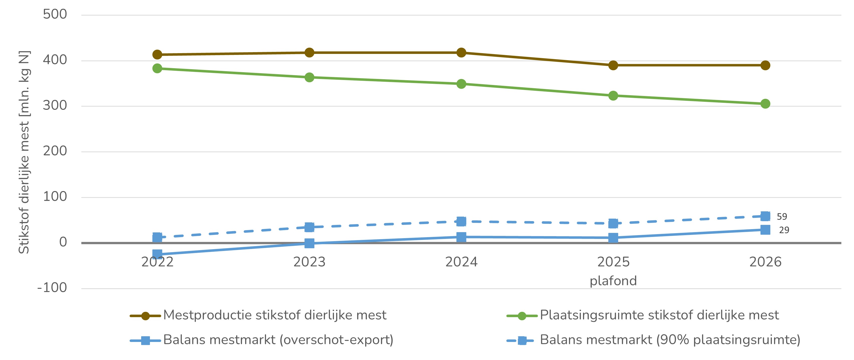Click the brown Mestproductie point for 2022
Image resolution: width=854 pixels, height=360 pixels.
tap(157, 54)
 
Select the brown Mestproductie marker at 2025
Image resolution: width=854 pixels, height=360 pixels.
tap(613, 65)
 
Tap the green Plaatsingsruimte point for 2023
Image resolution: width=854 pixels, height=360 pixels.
tap(309, 77)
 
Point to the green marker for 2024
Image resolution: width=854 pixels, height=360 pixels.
tap(461, 84)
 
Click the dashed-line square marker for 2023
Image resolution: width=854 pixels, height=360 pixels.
tap(309, 227)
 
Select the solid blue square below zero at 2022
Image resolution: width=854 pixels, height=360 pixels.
tap(157, 254)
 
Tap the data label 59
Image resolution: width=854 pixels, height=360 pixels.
tap(782, 216)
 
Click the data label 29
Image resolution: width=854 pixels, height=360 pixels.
tap(784, 230)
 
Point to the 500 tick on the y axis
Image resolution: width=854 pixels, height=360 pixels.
tap(55, 14)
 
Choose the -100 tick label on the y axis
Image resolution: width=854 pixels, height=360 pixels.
tap(52, 288)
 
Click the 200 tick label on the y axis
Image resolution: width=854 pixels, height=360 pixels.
tap(55, 151)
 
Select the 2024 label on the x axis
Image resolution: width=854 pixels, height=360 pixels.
tap(461, 262)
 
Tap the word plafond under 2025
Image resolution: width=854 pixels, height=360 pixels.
tap(613, 281)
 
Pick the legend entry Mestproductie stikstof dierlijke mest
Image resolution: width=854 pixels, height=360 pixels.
tap(274, 315)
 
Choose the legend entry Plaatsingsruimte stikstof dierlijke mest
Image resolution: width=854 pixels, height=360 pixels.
tap(659, 315)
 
